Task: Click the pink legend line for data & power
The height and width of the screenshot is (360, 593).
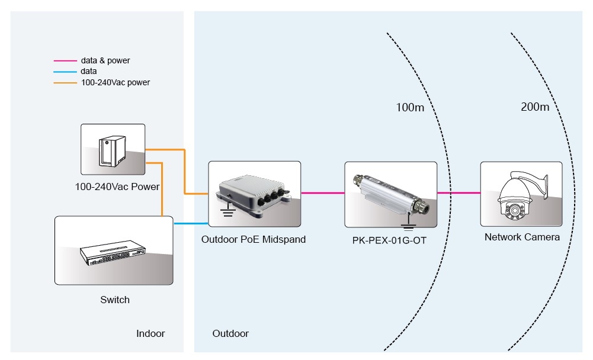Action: coord(65,60)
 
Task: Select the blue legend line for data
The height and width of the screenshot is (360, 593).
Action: coord(65,72)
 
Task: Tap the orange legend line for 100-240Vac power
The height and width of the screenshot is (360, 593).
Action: coord(65,83)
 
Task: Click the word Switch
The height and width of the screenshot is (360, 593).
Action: coord(115,300)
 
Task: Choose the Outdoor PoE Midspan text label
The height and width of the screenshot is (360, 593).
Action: coord(254,240)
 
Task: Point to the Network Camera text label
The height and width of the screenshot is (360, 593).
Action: coord(522,237)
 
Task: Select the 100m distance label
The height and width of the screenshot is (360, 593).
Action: coord(410,107)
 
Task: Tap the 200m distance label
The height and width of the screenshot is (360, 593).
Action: coord(535,107)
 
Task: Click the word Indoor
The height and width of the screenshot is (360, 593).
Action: coord(150,333)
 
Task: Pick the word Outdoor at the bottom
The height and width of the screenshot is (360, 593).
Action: coord(230,333)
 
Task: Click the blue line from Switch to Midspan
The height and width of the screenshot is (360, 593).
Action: coord(191,224)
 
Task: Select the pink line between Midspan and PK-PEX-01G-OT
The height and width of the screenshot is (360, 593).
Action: coord(323,193)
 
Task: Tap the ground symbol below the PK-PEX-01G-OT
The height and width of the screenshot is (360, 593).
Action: coord(406,225)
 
